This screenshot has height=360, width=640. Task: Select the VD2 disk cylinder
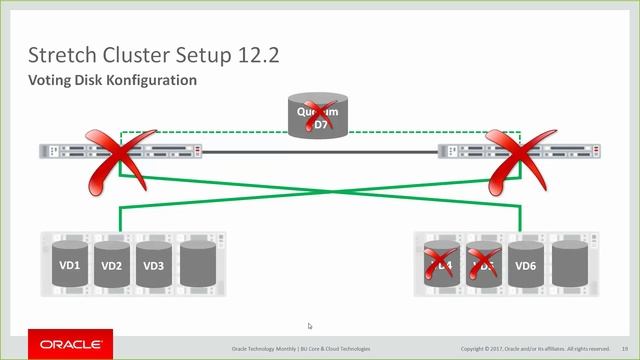point(111,265)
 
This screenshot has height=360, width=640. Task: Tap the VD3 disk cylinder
point(153,265)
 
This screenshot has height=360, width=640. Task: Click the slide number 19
point(624,348)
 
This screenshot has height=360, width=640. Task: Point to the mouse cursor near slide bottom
point(310,326)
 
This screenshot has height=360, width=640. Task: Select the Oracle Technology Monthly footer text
point(300,348)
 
